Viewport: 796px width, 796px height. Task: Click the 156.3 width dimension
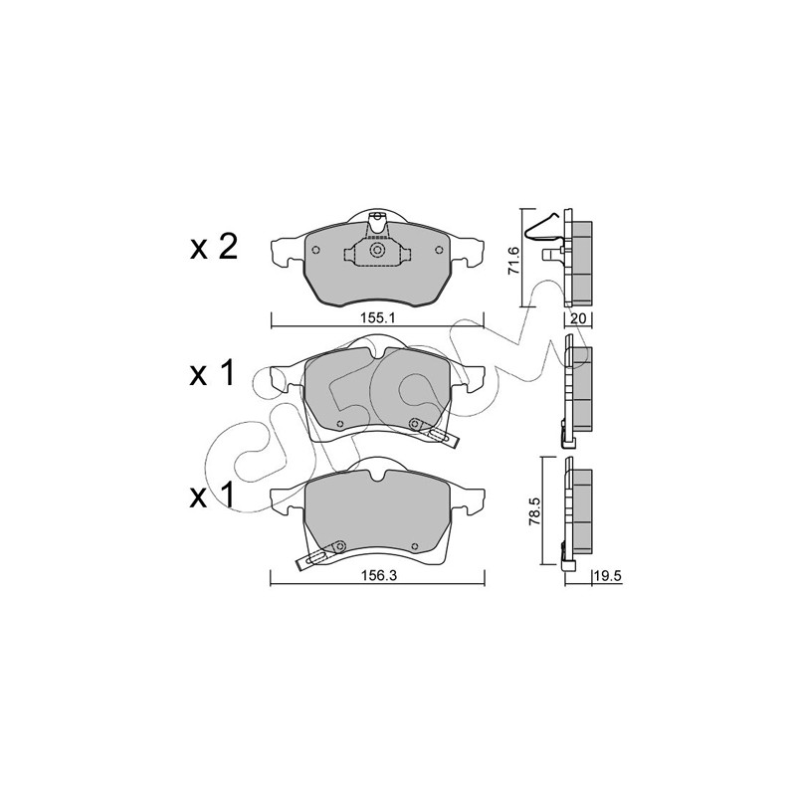click(378, 576)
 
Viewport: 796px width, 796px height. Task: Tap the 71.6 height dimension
click(513, 261)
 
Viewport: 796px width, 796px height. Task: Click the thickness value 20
click(579, 318)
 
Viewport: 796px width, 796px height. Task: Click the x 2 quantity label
click(214, 248)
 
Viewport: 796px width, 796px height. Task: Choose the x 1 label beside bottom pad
click(213, 495)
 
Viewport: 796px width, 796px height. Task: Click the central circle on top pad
click(377, 250)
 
